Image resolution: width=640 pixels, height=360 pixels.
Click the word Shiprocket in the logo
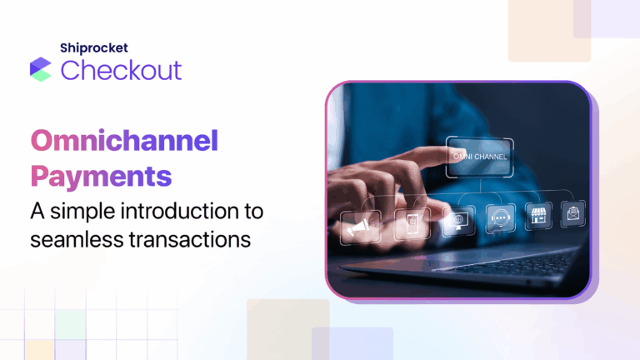(x=92, y=47)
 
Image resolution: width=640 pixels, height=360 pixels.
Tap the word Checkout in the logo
(x=121, y=69)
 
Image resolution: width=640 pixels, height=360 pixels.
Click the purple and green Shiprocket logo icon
(x=41, y=69)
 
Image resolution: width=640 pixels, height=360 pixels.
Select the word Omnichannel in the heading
(x=124, y=141)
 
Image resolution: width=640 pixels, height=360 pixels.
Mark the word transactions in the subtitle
(x=189, y=239)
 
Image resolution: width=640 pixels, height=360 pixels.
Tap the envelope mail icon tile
(x=574, y=212)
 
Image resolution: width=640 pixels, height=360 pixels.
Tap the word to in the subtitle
(x=247, y=211)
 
